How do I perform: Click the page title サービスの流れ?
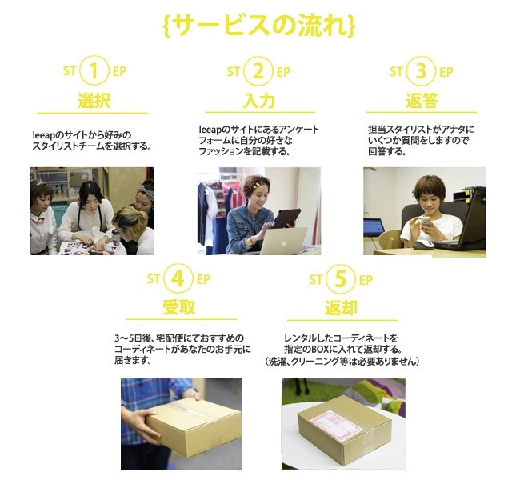(x=258, y=25)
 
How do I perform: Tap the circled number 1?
(x=94, y=71)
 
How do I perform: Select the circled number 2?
(x=258, y=71)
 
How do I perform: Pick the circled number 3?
(x=422, y=71)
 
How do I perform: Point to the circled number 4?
(x=178, y=278)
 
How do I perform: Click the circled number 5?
(x=340, y=278)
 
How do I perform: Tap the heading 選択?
(x=94, y=100)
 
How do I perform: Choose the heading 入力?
(x=259, y=100)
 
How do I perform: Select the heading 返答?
(x=422, y=100)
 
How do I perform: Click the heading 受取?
(x=179, y=307)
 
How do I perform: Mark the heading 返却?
(x=341, y=307)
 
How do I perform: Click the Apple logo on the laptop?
(x=283, y=242)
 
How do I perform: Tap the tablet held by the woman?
(x=286, y=218)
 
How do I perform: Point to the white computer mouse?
(x=423, y=245)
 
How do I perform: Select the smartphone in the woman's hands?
(x=425, y=222)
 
